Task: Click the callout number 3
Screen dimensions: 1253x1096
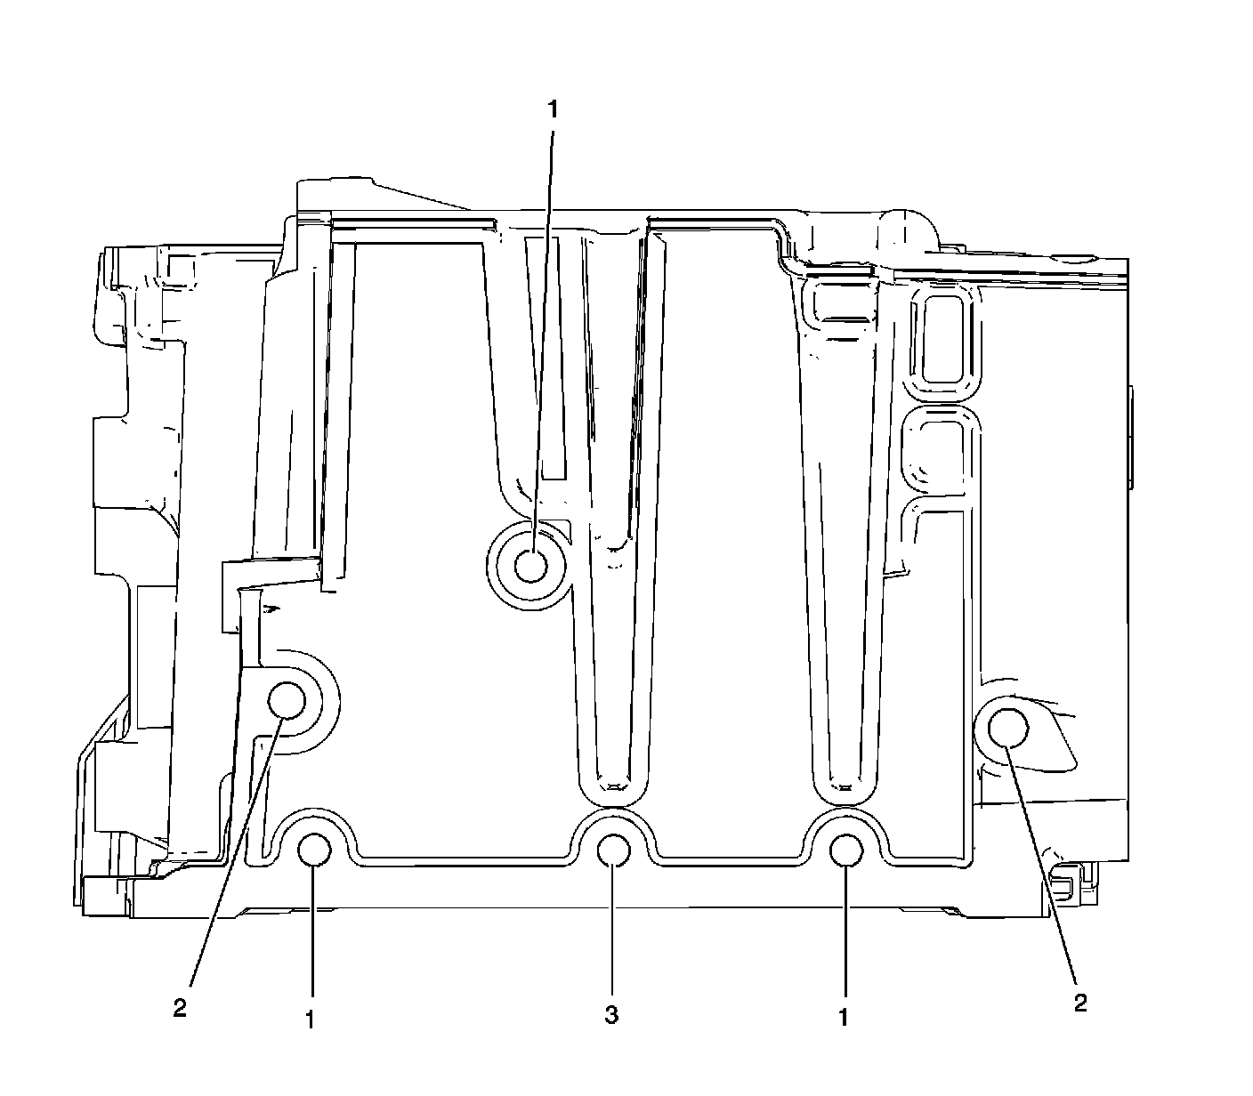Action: [611, 1015]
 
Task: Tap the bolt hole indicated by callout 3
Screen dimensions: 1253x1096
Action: [613, 851]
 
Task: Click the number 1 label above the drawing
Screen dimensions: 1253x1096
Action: [553, 109]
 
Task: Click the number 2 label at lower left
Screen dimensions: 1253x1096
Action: [180, 1008]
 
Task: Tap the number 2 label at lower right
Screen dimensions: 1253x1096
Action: [1080, 1003]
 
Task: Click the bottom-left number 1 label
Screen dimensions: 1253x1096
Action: [310, 1019]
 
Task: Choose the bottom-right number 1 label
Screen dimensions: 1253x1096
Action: [844, 1017]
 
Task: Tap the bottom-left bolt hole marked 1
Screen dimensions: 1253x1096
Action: [314, 851]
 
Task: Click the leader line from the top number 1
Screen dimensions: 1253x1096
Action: [543, 338]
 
